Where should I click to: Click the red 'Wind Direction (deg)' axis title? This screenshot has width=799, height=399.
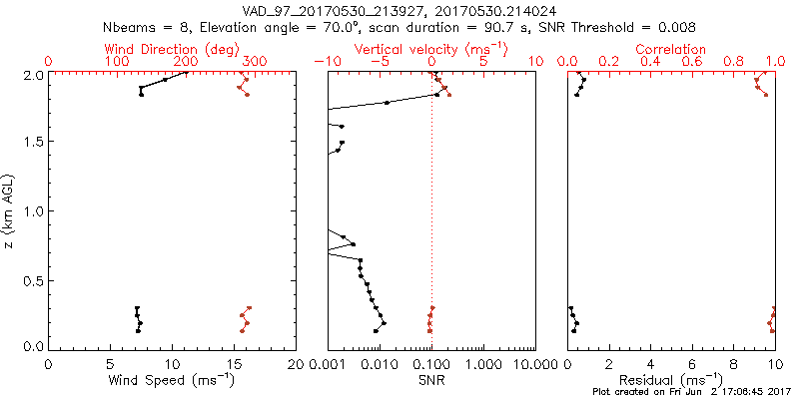(173, 49)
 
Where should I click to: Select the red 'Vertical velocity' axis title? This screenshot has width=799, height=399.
(430, 49)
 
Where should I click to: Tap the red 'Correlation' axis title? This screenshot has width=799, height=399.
(671, 49)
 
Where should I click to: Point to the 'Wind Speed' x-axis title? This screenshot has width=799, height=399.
(173, 379)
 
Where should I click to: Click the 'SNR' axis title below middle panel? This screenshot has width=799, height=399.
(430, 379)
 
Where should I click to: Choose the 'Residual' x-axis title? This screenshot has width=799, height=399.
(671, 379)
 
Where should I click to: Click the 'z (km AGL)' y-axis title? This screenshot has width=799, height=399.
(10, 210)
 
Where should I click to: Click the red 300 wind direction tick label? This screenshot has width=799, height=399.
(255, 62)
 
